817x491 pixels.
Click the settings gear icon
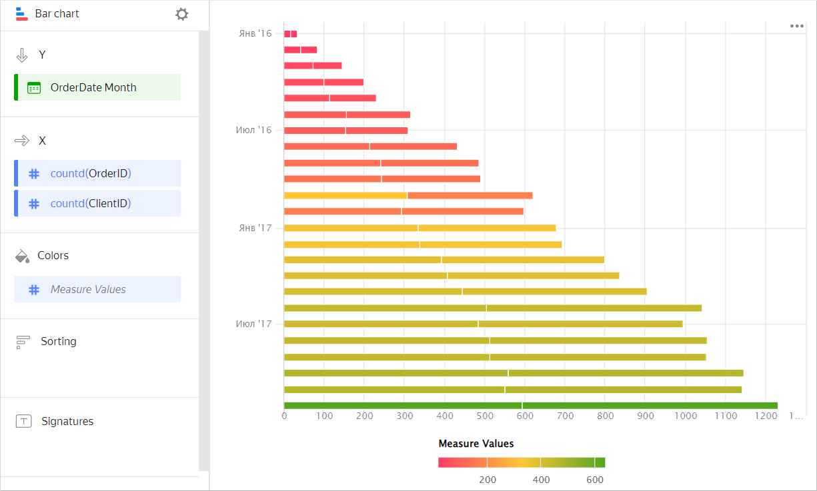click(x=182, y=14)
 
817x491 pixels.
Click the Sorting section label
click(x=59, y=341)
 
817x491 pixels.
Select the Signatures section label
click(x=67, y=421)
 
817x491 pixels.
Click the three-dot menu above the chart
click(x=796, y=26)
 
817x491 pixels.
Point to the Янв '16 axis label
click(x=255, y=33)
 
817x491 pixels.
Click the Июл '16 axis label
click(x=254, y=131)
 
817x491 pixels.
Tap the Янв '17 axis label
click(x=255, y=228)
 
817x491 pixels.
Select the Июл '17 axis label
click(x=254, y=324)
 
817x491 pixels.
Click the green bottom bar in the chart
click(x=530, y=405)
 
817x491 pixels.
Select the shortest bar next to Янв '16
click(x=290, y=34)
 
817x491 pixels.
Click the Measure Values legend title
click(x=476, y=443)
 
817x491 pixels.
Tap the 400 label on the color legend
click(x=541, y=480)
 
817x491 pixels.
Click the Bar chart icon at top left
click(x=21, y=14)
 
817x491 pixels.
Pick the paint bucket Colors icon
click(x=22, y=256)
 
